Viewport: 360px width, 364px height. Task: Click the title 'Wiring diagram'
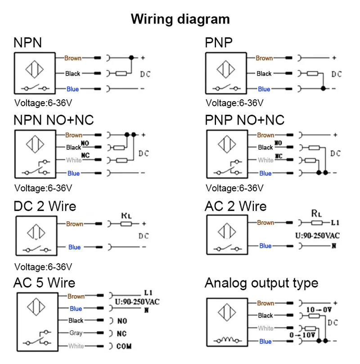coord(180,19)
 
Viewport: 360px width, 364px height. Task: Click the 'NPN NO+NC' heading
coord(54,120)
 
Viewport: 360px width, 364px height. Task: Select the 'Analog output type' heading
coord(261,283)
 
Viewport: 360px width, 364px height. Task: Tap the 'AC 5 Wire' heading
coord(44,283)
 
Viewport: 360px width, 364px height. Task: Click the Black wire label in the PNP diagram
coord(264,73)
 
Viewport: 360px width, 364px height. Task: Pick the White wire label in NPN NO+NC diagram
coord(74,160)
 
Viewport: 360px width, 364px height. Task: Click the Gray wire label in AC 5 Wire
coord(76,333)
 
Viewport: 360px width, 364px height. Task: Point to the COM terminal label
coord(124,346)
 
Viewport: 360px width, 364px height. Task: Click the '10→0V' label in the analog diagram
coord(319,310)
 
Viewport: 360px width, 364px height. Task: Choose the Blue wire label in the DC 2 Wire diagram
coord(74,247)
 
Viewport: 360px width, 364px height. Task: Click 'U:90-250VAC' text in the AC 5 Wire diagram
coord(138,301)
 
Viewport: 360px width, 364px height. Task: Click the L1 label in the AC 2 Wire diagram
coord(335,222)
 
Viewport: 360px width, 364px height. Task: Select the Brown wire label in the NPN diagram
coord(73,58)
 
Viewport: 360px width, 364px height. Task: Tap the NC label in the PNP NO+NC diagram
coord(279,156)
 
